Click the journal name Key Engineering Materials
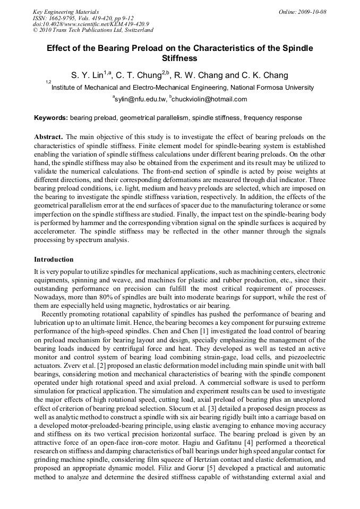click(x=66, y=12)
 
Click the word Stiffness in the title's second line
click(x=179, y=58)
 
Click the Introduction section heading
click(x=54, y=260)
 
